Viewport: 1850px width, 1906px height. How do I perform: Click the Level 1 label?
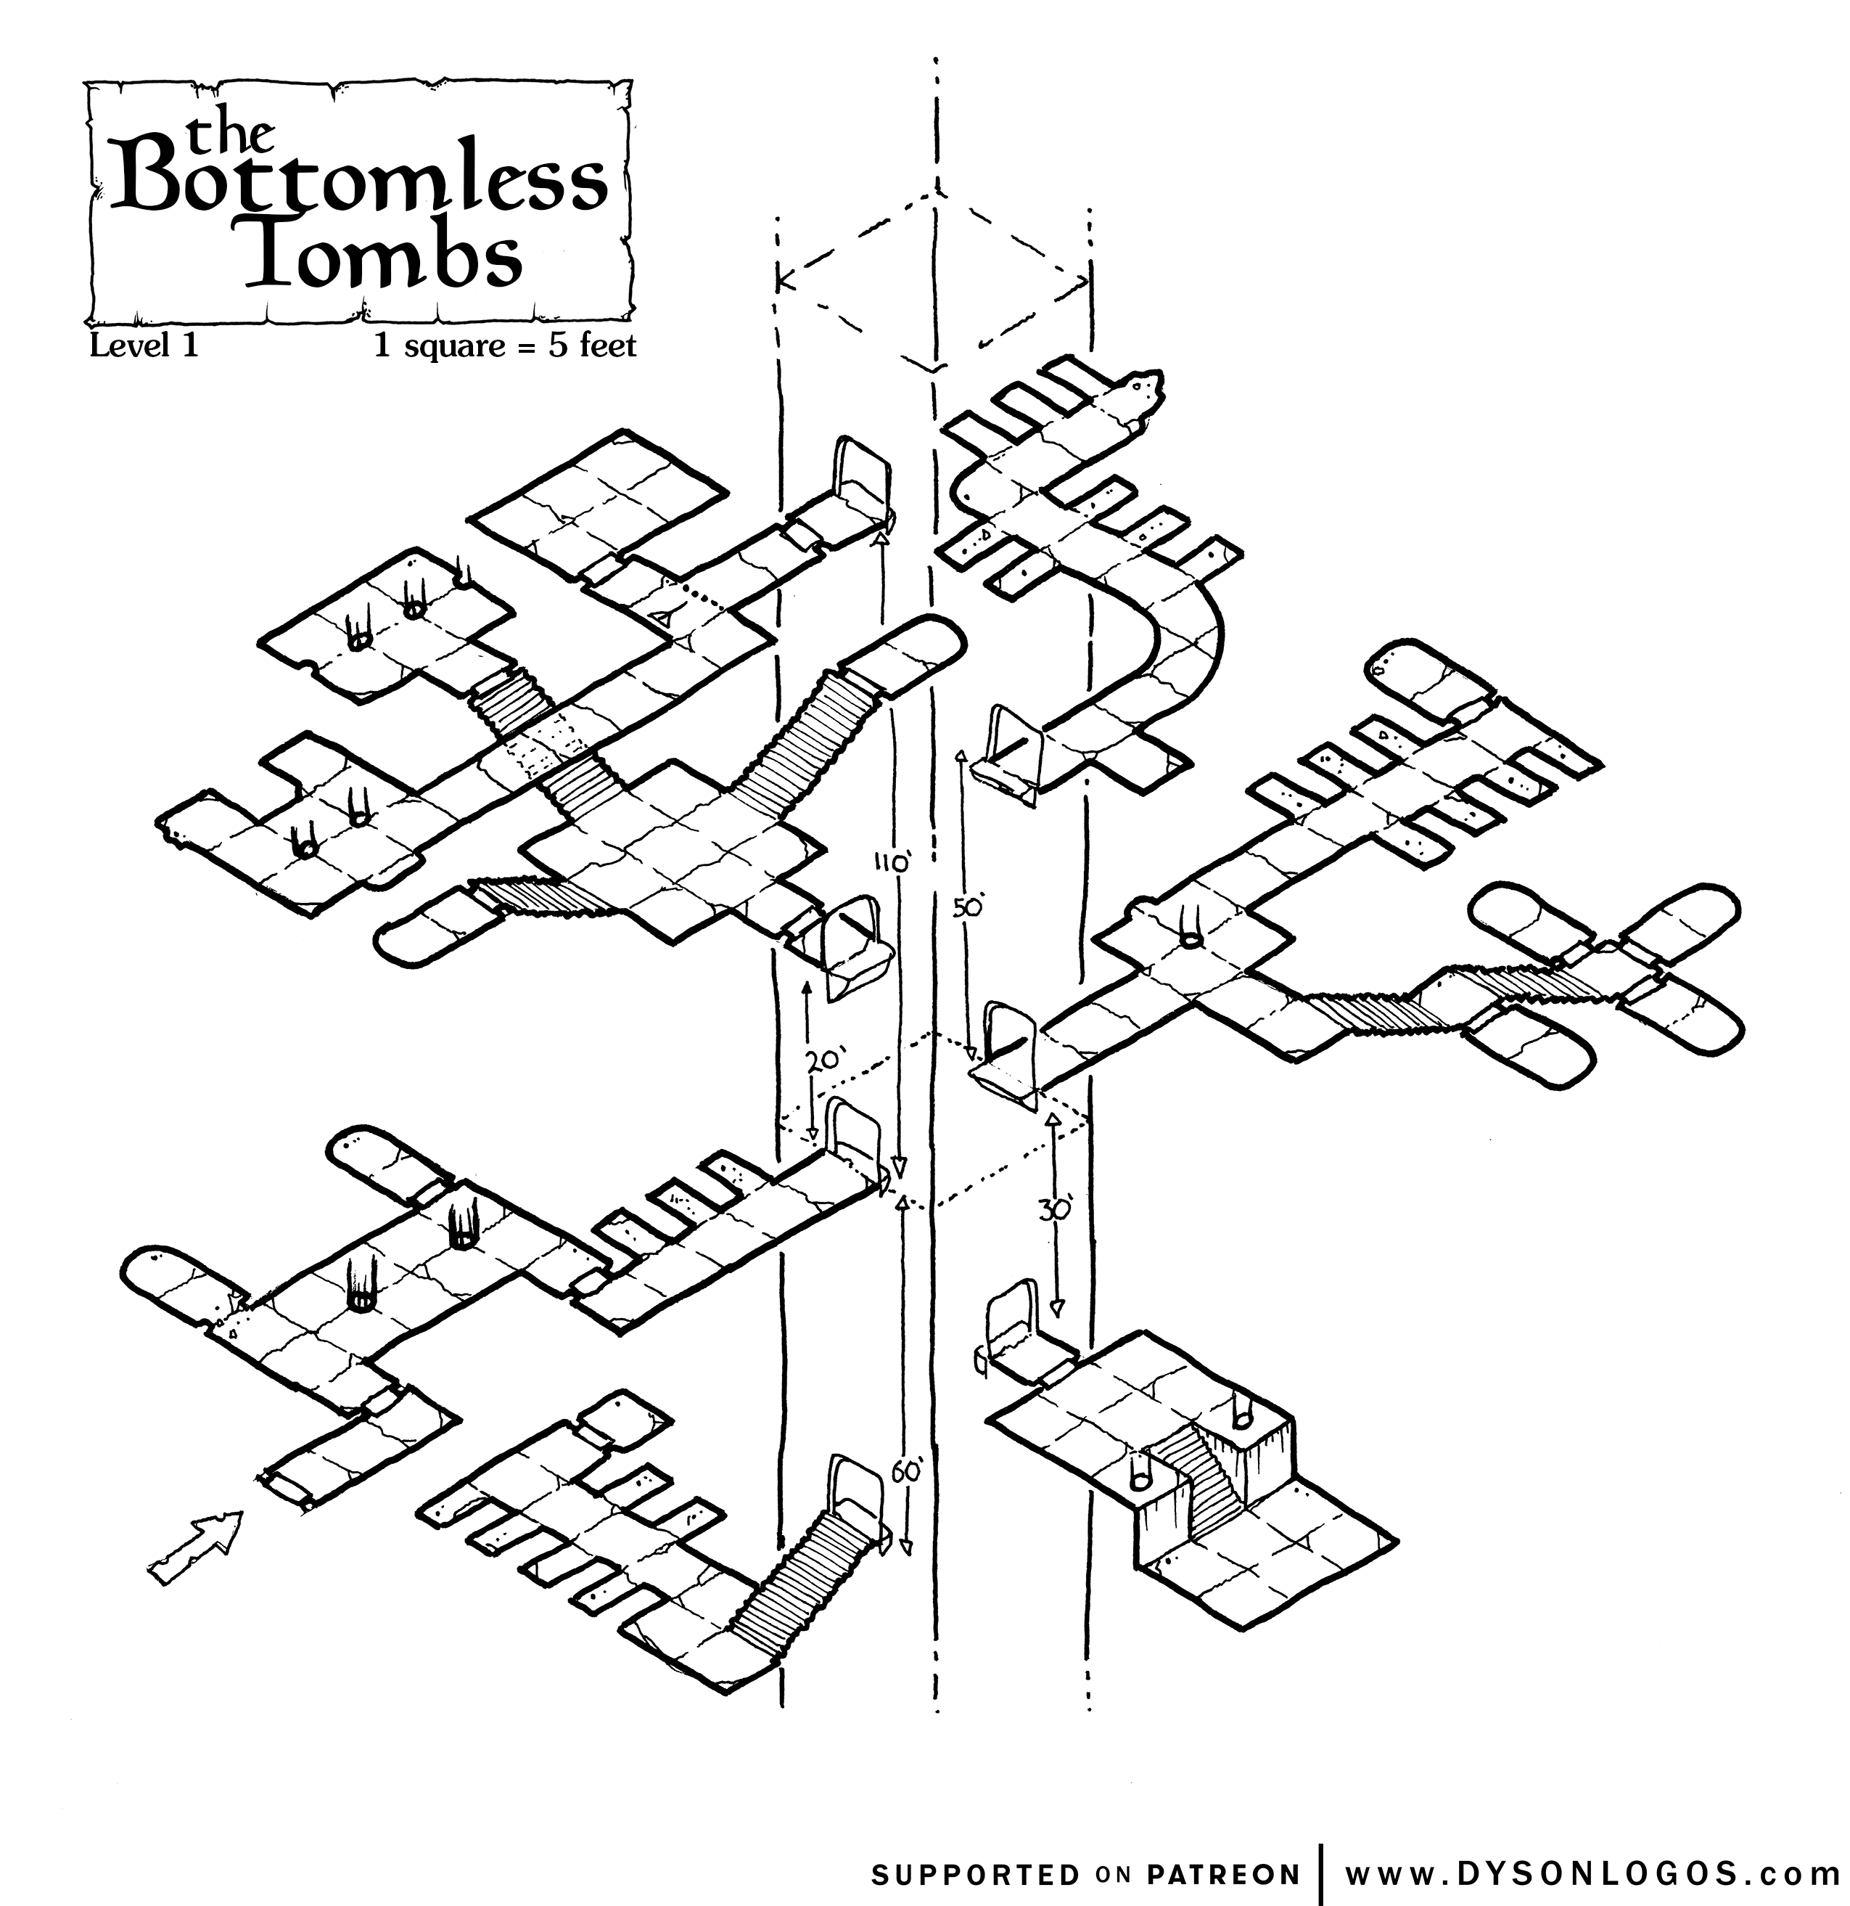point(144,346)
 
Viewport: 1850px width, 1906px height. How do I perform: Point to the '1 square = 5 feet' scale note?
point(506,346)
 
